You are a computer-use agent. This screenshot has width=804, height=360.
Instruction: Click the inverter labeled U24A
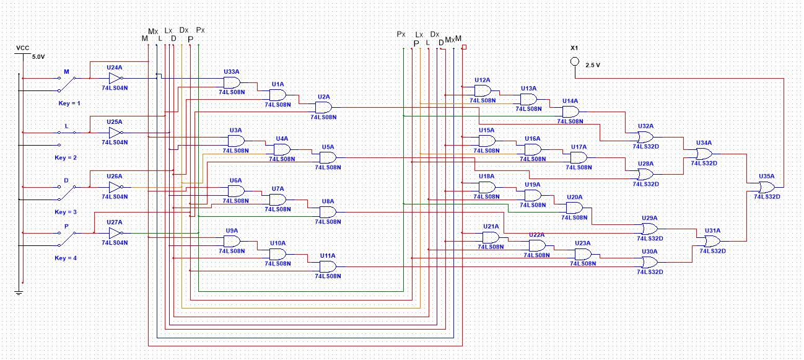point(115,79)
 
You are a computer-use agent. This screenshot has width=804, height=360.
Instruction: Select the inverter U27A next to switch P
point(115,233)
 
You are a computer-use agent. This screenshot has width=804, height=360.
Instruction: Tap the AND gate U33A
point(232,82)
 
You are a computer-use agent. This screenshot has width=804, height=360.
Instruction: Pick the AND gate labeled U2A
point(323,107)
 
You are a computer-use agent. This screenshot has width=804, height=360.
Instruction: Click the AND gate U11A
point(327,266)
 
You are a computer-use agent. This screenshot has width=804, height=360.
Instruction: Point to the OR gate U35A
point(767,187)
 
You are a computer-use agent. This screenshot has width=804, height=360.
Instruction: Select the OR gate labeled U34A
point(704,153)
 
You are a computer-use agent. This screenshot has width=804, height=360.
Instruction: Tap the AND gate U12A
point(483,90)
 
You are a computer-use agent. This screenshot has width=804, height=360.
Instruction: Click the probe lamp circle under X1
point(574,61)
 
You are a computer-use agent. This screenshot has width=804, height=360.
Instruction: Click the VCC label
point(22,48)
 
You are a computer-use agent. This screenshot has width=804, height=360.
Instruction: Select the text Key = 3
point(66,212)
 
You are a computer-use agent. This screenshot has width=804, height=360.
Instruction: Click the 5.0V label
point(38,56)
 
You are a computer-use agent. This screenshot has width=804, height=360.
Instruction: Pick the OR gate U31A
point(712,240)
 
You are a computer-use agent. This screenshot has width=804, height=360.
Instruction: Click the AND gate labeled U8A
point(327,212)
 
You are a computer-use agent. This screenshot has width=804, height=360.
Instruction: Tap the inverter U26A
point(115,187)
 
